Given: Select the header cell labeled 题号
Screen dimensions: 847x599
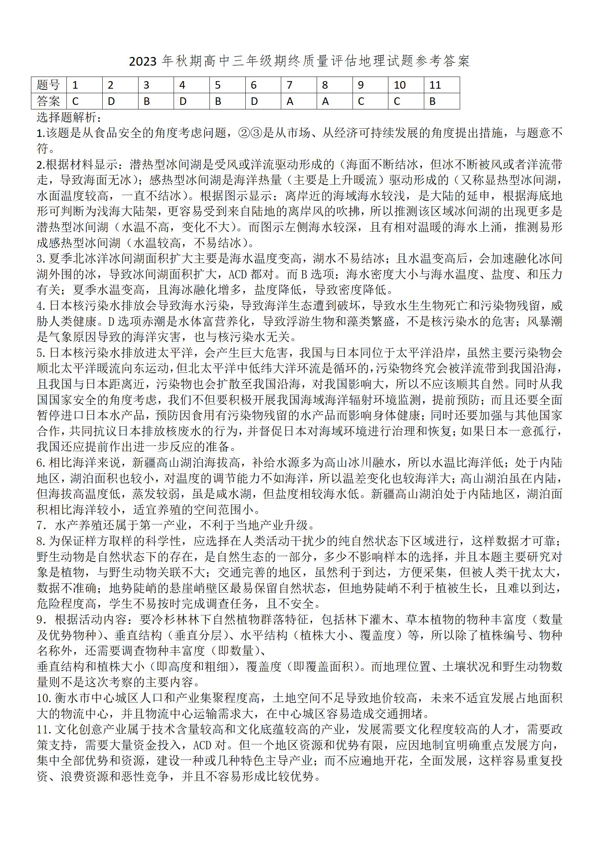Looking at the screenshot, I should pos(48,85).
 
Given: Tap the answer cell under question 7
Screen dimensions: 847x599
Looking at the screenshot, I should pos(299,101).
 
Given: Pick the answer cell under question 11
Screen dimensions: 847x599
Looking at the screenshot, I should pos(442,101).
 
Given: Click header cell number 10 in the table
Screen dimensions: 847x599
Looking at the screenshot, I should pos(406,85).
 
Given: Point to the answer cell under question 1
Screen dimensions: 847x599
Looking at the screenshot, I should pos(84,101).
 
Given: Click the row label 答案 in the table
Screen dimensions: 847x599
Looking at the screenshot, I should pos(48,101).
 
